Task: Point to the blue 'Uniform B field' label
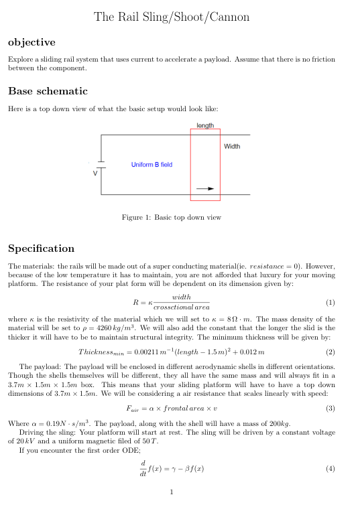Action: (x=152, y=164)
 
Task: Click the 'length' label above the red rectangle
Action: (x=205, y=125)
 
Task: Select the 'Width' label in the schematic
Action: (x=232, y=146)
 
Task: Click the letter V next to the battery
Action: (x=95, y=172)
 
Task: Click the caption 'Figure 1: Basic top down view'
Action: (x=180, y=217)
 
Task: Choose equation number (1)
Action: (x=329, y=302)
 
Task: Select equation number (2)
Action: (x=329, y=352)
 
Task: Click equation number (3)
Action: (x=329, y=409)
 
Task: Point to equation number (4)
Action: (x=329, y=469)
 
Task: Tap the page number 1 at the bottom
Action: (x=172, y=493)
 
